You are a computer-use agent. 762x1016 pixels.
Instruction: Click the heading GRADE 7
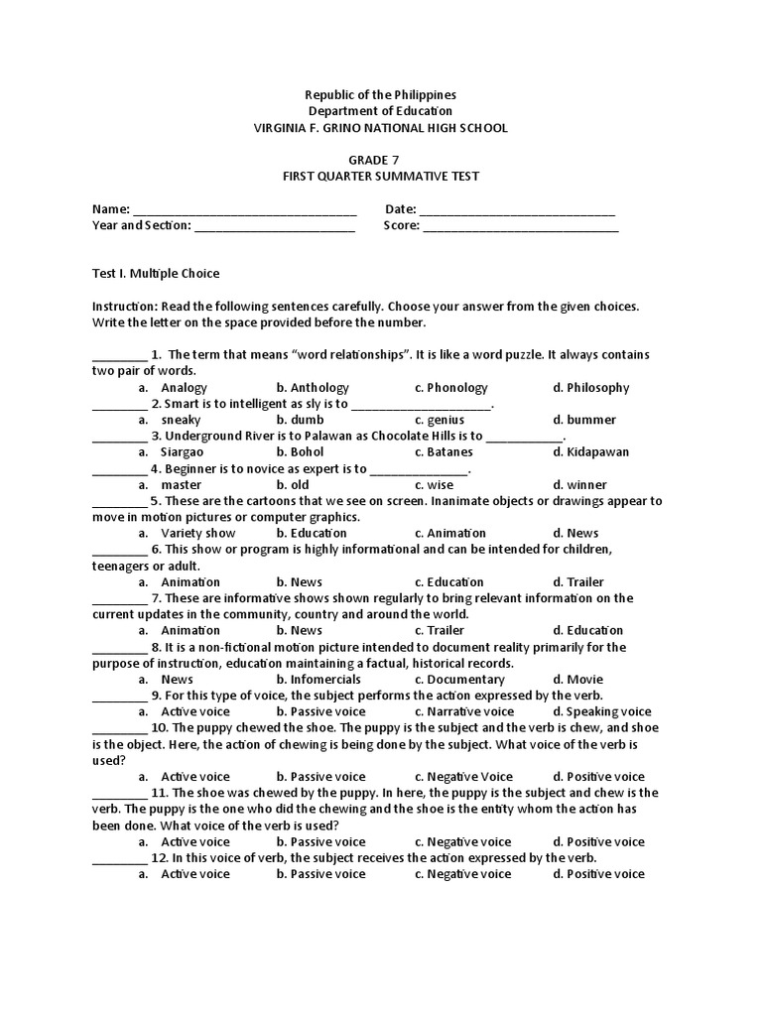coord(381,160)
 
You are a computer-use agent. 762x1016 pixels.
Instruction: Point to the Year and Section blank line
coord(275,227)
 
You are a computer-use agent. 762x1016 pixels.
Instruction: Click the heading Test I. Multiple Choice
coord(156,273)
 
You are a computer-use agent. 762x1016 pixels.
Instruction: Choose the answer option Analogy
coord(184,388)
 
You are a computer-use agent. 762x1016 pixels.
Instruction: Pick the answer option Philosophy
coord(598,388)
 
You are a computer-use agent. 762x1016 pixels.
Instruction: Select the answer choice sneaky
coord(181,421)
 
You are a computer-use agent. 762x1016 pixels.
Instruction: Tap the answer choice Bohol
coord(307,452)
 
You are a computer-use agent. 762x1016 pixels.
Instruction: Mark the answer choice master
coord(181,485)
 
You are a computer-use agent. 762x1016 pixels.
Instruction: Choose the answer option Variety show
coord(198,534)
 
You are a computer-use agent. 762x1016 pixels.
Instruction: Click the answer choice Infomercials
coord(324,680)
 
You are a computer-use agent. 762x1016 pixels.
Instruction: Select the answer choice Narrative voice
coord(470,711)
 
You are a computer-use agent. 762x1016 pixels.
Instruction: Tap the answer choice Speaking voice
coord(608,711)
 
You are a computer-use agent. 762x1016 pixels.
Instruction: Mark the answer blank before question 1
coord(119,356)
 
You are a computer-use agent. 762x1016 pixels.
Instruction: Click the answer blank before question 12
coord(119,858)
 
